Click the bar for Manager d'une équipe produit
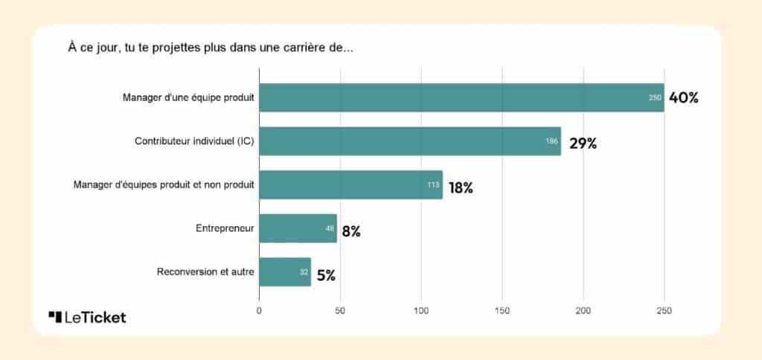461,97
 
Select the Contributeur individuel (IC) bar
410,141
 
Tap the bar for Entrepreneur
298,229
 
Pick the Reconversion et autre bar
285,272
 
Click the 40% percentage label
684,97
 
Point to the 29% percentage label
583,144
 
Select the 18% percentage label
461,187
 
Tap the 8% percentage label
351,231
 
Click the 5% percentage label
326,275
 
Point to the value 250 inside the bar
656,98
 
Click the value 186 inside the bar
552,141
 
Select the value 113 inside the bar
434,185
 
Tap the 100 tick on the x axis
421,311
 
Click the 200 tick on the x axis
583,311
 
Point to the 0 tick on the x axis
259,311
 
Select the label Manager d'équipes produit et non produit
164,185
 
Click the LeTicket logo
87,318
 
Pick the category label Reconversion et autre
205,272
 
